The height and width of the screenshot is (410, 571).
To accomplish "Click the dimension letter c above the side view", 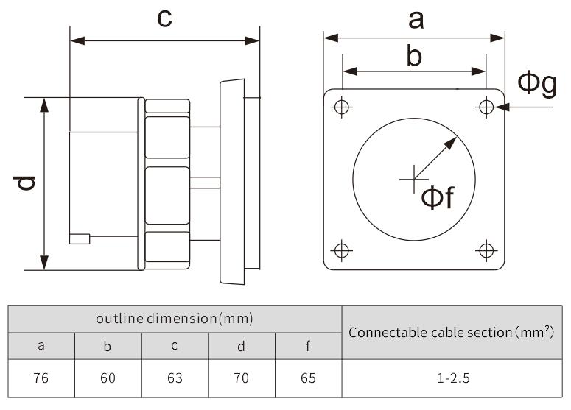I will (x=165, y=18).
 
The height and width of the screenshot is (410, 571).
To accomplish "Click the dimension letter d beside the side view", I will (x=26, y=183).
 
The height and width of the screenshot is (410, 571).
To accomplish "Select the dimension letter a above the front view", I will (x=416, y=20).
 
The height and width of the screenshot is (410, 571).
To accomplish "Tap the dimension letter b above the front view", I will (x=415, y=56).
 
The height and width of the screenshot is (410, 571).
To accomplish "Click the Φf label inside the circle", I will (x=438, y=197).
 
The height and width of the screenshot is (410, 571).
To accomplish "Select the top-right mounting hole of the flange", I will (x=486, y=107).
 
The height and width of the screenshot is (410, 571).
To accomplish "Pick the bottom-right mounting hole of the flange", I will (x=486, y=250).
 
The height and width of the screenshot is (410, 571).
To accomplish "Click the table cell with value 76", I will (x=41, y=378).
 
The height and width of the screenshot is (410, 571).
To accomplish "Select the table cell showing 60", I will (x=108, y=378).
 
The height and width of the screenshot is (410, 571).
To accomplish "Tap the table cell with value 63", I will (x=175, y=378).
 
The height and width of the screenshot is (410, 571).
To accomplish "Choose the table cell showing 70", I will (x=241, y=378).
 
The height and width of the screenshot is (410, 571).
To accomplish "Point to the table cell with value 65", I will (x=308, y=378).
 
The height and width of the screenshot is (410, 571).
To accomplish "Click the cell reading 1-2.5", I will (x=452, y=378).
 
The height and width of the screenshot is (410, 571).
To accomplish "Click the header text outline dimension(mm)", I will (x=175, y=319).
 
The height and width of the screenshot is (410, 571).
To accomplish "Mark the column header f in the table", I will (x=308, y=346).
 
